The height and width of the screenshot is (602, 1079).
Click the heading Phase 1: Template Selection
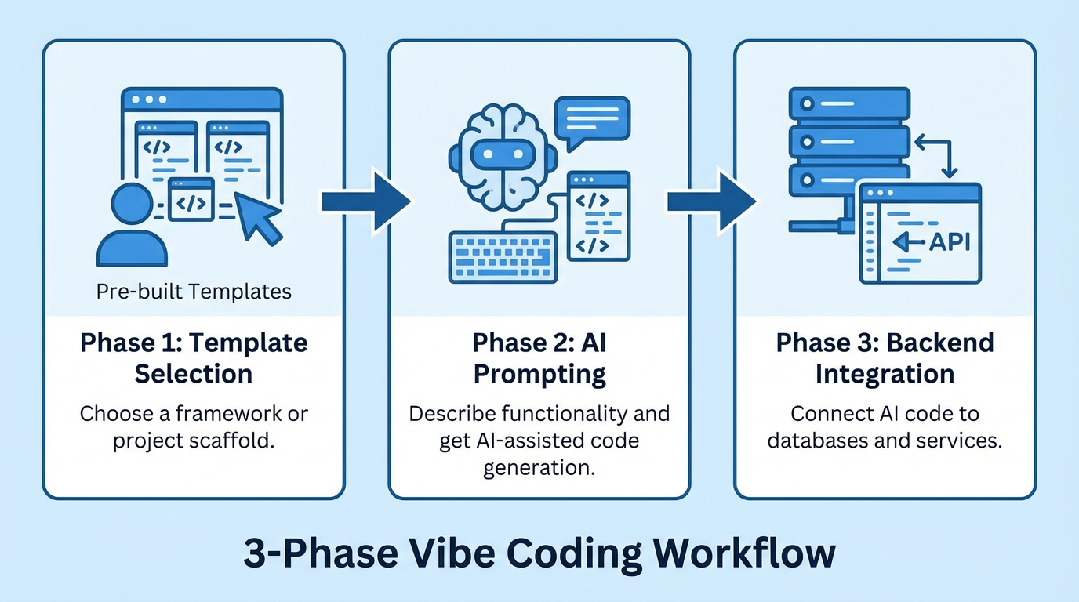point(194,358)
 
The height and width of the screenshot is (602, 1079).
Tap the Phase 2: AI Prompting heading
point(539,358)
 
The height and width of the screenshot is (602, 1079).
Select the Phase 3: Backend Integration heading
point(885,358)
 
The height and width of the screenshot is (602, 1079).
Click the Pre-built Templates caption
point(194,292)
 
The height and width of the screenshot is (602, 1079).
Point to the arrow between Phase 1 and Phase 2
point(365,201)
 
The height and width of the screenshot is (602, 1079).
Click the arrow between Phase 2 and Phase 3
point(711,201)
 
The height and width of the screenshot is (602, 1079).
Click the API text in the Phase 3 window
point(949,242)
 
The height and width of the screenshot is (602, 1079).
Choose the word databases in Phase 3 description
point(817,441)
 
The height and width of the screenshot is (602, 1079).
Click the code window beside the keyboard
point(599,215)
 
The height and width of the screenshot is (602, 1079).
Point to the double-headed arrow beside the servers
point(935,155)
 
